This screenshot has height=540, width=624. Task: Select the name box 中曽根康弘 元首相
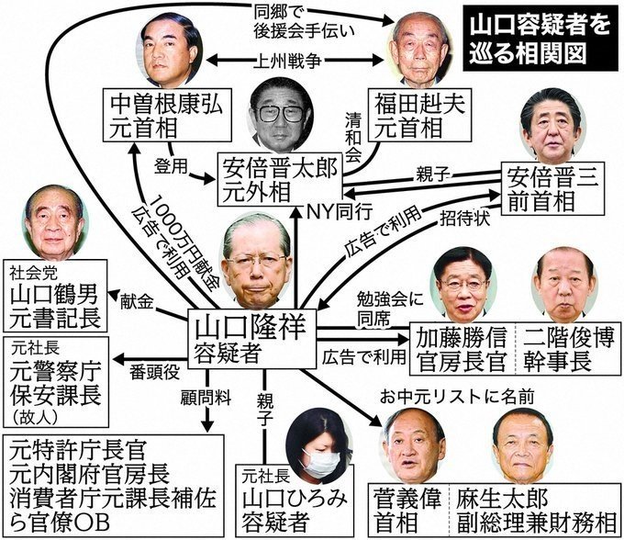point(167,115)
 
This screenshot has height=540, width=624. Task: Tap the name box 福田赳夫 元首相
point(420,115)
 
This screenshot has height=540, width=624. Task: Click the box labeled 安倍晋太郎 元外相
point(280,179)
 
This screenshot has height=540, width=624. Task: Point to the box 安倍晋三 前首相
point(552,188)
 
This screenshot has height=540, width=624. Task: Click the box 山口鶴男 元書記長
point(55,296)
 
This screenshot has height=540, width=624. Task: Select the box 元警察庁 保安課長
point(56,382)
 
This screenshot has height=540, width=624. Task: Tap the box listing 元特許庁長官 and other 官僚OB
point(114,486)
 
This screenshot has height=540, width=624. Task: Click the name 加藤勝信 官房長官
point(462,348)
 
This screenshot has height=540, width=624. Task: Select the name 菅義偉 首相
point(407,511)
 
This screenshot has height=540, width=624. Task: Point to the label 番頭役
point(155,372)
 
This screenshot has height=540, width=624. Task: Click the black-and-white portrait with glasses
point(282,115)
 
